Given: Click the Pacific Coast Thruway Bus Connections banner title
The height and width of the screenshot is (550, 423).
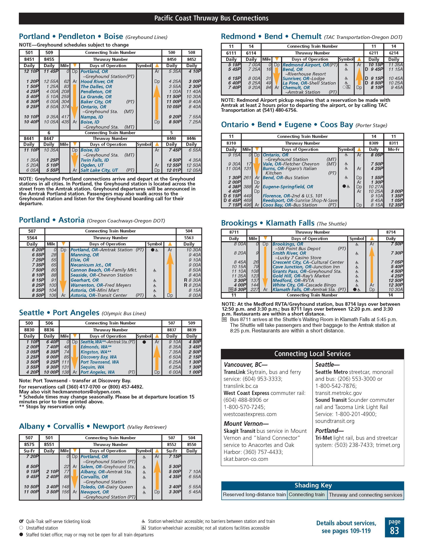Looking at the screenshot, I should coord(211,18).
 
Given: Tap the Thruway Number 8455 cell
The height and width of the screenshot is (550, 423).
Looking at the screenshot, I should coord(49,60).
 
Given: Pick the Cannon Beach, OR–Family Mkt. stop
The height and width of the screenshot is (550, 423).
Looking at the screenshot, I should coord(104,270).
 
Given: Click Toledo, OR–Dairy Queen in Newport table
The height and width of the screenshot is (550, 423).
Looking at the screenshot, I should coord(106,487).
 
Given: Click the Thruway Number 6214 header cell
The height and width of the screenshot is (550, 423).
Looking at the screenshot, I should coord(394,53).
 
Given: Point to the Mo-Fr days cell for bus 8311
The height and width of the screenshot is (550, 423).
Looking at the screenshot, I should coord(394,149).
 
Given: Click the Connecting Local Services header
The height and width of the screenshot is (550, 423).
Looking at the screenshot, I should coord(312,354).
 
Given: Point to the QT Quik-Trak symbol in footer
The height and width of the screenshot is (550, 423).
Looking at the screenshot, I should coord(21,521).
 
